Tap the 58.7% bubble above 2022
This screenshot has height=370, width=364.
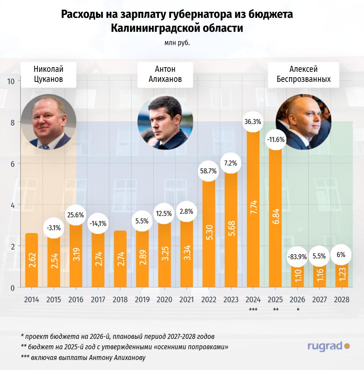[x=209, y=171]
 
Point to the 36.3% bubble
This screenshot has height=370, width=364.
[x=253, y=122]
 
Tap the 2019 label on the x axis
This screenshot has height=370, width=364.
[x=142, y=300]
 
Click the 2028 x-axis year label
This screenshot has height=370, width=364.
[x=341, y=300]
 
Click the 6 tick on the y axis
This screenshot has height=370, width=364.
[x=12, y=164]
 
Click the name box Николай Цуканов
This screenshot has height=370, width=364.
[x=48, y=74]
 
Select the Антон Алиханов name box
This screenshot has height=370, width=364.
[x=165, y=74]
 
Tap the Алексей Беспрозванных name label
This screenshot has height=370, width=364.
[x=304, y=74]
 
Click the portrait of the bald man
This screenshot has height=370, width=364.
[x=304, y=122]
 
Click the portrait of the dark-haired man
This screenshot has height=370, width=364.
[x=165, y=122]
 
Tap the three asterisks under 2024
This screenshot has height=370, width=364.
[x=253, y=310]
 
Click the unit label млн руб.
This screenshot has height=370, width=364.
[x=177, y=43]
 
